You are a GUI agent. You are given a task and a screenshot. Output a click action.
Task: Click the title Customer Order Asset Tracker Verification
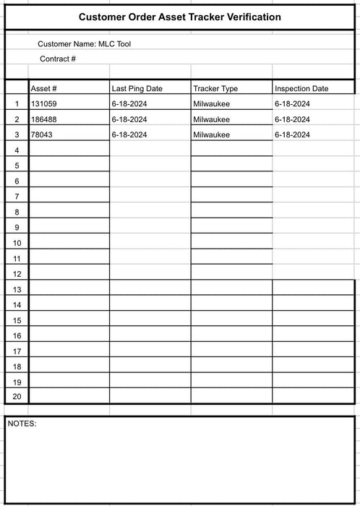point(180,17)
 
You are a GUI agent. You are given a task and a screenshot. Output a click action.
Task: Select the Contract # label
point(58,59)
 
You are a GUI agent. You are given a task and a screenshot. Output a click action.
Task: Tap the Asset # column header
point(44,88)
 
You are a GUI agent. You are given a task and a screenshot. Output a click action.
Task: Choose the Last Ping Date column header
point(137,88)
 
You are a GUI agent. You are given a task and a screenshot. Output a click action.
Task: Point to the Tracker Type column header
point(215,88)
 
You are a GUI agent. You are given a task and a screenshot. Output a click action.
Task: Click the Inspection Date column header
point(301,88)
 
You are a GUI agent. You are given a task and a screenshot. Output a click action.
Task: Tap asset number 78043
point(42,134)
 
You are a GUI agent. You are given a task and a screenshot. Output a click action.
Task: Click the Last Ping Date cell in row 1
point(130,104)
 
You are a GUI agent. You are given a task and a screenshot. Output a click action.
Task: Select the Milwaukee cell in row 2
point(212,119)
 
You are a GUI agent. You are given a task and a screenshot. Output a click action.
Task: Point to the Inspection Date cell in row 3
point(292,134)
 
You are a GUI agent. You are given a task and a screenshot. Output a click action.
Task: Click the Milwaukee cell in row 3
point(212,134)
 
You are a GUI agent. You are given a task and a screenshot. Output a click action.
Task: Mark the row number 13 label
point(17,289)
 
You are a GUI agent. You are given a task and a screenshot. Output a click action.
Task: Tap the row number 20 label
point(17,396)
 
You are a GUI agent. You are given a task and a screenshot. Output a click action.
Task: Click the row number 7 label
point(17,197)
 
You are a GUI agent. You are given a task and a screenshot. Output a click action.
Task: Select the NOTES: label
point(22,424)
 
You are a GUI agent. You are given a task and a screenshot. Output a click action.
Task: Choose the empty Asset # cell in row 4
point(69,150)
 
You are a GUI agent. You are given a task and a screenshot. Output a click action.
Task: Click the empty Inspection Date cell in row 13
point(313,288)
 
